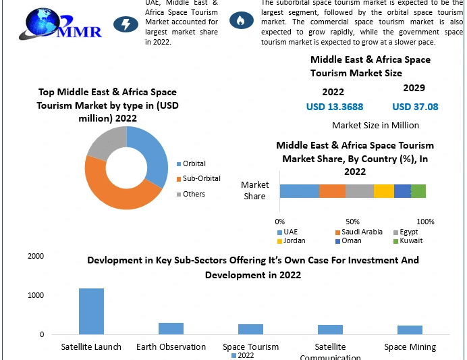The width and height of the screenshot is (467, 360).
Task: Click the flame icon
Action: (238, 20)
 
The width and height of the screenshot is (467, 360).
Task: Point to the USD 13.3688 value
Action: (334, 107)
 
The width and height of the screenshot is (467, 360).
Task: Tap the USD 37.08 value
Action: (414, 107)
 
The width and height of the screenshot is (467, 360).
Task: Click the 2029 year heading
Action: (414, 88)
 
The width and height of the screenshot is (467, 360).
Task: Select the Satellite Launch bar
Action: (91, 311)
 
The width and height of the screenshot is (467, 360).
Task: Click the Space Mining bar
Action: (410, 330)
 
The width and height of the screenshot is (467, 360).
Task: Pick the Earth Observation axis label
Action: (171, 347)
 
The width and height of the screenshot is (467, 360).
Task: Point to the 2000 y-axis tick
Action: (36, 257)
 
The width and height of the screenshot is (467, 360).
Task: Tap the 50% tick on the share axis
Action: (353, 222)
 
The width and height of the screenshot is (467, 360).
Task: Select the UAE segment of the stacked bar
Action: (299, 190)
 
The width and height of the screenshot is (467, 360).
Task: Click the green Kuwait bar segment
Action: (418, 190)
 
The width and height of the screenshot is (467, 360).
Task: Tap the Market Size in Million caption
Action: (375, 125)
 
